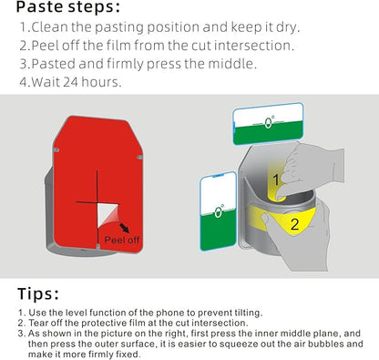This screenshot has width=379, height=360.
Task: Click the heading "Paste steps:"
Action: tap(68, 7)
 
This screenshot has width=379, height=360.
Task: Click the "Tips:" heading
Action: tap(38, 293)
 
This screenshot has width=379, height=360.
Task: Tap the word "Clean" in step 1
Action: tap(50, 27)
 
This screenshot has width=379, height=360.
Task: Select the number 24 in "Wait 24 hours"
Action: tap(70, 82)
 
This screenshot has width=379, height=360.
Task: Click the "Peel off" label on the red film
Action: tap(122, 240)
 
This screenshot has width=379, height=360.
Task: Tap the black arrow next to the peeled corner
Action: tap(124, 228)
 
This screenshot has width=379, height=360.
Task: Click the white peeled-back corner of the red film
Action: tap(106, 214)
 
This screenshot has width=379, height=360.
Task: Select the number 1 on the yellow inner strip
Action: tap(276, 180)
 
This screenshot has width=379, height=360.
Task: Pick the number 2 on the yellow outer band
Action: tap(294, 224)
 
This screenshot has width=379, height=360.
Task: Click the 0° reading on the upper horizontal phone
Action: tap(269, 122)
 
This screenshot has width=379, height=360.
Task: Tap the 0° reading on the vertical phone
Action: tap(219, 211)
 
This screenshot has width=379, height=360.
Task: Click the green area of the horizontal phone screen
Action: tap(268, 133)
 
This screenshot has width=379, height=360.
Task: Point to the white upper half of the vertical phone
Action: tap(219, 191)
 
